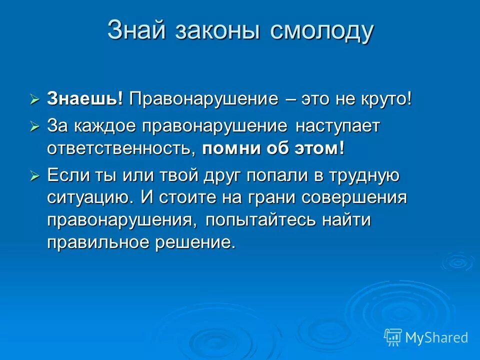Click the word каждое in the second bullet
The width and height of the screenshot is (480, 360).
coord(105,125)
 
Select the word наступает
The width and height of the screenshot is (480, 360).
coord(337,125)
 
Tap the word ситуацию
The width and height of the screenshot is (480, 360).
coord(91,197)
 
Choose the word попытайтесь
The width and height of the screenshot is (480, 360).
coord(260,220)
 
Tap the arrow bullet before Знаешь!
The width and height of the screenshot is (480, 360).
coord(34,99)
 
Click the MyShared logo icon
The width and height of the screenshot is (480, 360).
coord(393,337)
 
